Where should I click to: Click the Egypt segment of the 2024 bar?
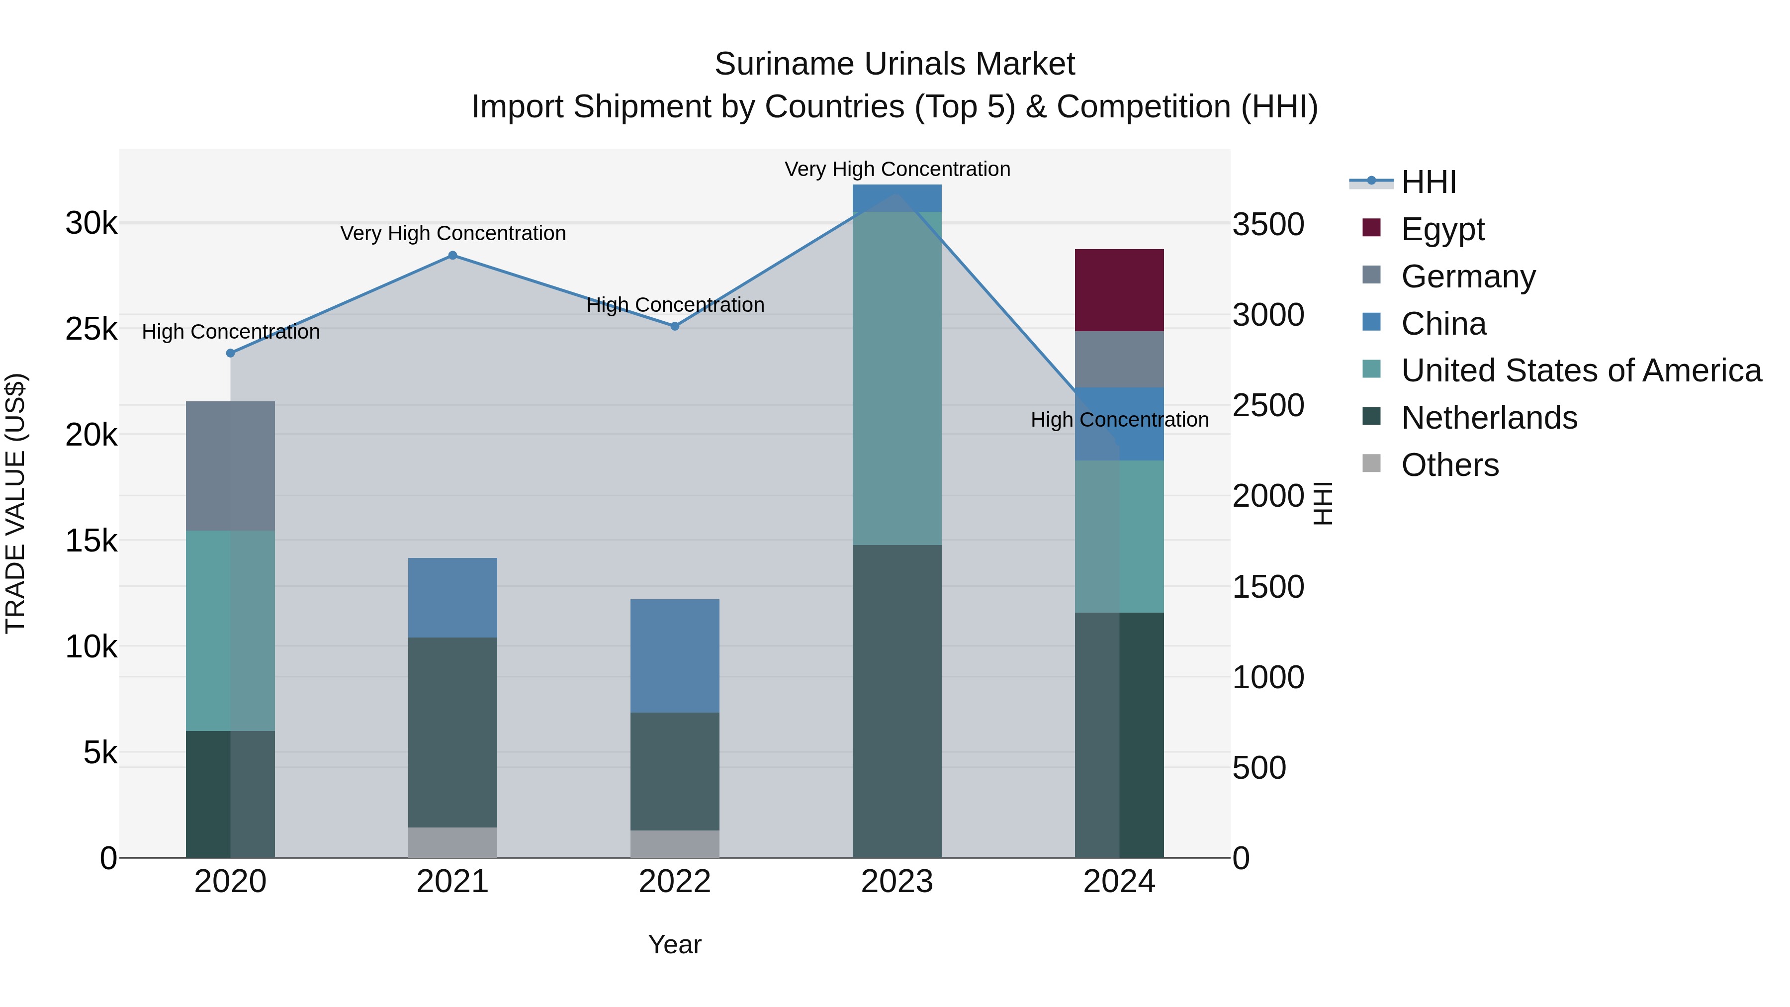(1119, 290)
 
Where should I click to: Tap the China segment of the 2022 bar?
(674, 655)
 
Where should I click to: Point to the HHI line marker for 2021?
(452, 255)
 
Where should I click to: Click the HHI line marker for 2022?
(674, 326)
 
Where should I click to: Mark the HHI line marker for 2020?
(231, 353)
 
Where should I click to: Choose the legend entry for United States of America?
(1581, 370)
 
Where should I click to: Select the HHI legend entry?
(1428, 182)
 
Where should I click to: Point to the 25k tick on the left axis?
(91, 329)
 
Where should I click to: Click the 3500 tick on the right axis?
(1268, 224)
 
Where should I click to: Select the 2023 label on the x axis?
(896, 882)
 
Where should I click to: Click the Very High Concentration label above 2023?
(897, 169)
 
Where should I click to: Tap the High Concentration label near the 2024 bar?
(1119, 420)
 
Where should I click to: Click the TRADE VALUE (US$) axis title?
(15, 503)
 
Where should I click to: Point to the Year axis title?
(674, 944)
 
